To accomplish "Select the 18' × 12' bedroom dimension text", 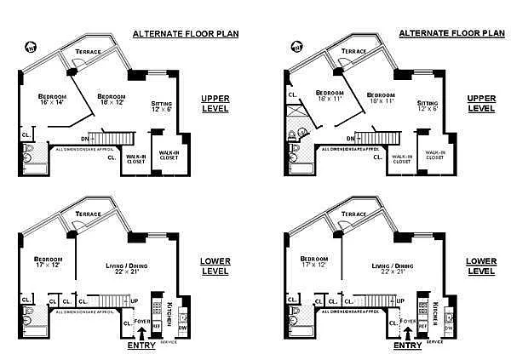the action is pyautogui.click(x=111, y=103).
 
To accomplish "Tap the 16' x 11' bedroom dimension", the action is pyautogui.click(x=328, y=100).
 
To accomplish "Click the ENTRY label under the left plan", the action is pyautogui.click(x=141, y=346).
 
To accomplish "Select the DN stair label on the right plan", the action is pyautogui.click(x=349, y=137).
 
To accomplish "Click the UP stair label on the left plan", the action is pyautogui.click(x=134, y=300).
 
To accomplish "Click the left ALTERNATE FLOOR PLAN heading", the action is pyautogui.click(x=185, y=34).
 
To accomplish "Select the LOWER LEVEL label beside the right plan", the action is pyautogui.click(x=481, y=266).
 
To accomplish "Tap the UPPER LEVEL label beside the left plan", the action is pyautogui.click(x=215, y=103).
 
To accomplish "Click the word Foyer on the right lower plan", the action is pyautogui.click(x=409, y=322).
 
